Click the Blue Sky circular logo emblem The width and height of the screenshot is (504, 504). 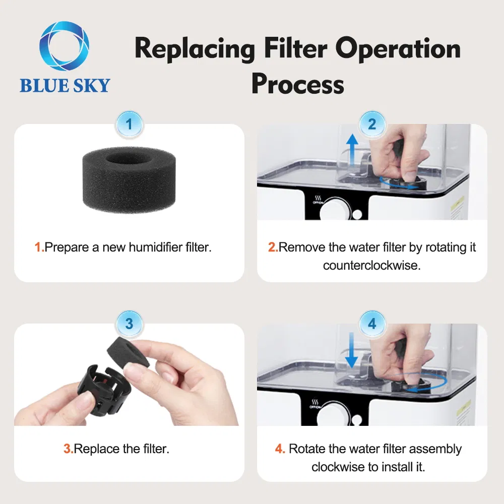click(x=65, y=46)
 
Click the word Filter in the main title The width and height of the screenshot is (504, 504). click(x=295, y=49)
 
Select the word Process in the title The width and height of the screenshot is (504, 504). click(x=298, y=84)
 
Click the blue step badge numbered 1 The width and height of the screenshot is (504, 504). click(x=129, y=124)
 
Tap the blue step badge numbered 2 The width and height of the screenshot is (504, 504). click(x=372, y=124)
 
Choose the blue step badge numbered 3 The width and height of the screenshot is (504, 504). click(x=129, y=324)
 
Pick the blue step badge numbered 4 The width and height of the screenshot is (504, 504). click(x=372, y=324)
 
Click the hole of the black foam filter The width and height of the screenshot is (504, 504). click(x=129, y=158)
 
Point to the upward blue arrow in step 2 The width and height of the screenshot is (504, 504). click(x=352, y=150)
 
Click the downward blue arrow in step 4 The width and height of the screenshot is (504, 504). click(x=351, y=350)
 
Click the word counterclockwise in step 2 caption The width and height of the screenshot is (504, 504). click(x=371, y=266)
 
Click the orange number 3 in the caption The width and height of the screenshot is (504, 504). click(x=68, y=449)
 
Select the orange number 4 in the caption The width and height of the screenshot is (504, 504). click(x=279, y=449)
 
